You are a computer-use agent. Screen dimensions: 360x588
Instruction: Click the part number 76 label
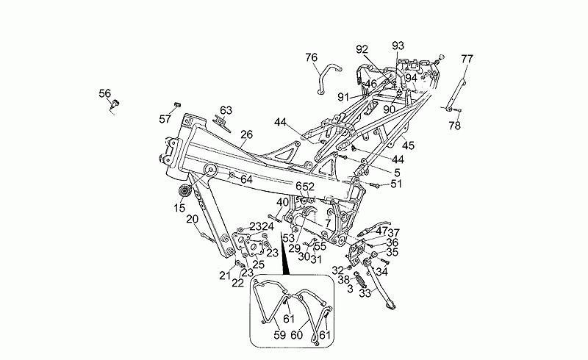312,57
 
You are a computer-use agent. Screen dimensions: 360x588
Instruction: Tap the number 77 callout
467,59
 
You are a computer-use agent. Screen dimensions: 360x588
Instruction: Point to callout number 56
105,93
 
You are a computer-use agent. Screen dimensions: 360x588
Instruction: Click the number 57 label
165,118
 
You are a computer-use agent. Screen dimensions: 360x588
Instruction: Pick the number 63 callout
226,110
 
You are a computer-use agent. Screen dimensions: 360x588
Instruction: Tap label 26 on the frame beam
246,134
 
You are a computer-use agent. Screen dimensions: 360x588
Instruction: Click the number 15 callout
180,208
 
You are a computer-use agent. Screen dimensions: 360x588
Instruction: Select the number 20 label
192,219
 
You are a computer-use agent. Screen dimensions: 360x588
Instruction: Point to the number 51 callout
396,184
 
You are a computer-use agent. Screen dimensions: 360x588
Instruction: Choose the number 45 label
408,145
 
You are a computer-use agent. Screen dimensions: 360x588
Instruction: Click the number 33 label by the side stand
365,292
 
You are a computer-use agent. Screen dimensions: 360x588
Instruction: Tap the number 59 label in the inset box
279,335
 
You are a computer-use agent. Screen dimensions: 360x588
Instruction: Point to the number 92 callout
362,49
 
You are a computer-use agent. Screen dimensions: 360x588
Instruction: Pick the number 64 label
246,179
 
